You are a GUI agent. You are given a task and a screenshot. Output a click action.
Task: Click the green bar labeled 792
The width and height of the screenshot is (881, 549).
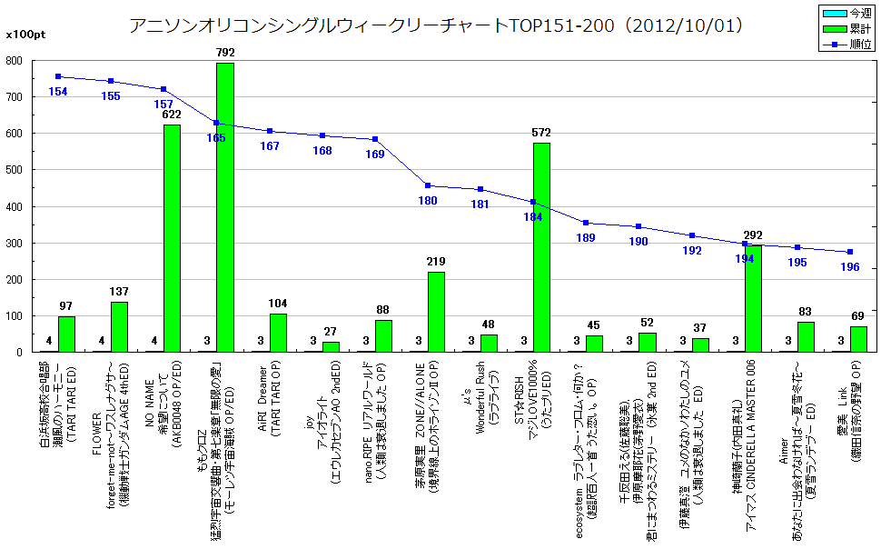click(x=224, y=207)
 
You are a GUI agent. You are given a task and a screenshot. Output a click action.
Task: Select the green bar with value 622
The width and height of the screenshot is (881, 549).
click(x=172, y=238)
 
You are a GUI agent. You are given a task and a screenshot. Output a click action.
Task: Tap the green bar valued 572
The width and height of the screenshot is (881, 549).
click(x=541, y=247)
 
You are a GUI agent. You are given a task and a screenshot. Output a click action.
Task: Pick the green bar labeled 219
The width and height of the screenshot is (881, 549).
click(x=436, y=312)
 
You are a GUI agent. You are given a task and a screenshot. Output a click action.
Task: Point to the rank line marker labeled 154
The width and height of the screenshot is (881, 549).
click(x=58, y=76)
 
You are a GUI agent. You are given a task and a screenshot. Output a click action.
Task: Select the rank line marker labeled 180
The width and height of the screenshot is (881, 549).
click(x=428, y=185)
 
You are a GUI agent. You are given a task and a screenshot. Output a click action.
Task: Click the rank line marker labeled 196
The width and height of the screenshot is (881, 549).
click(x=850, y=252)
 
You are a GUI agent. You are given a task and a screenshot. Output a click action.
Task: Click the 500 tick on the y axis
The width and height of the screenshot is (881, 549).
click(x=15, y=170)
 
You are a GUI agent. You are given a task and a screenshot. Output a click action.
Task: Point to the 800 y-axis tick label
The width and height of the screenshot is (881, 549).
click(x=15, y=61)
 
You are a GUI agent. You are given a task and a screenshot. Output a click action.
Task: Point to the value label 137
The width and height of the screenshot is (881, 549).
click(x=119, y=293)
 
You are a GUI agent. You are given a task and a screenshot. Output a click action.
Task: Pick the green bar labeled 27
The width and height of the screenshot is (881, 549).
click(x=331, y=346)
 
